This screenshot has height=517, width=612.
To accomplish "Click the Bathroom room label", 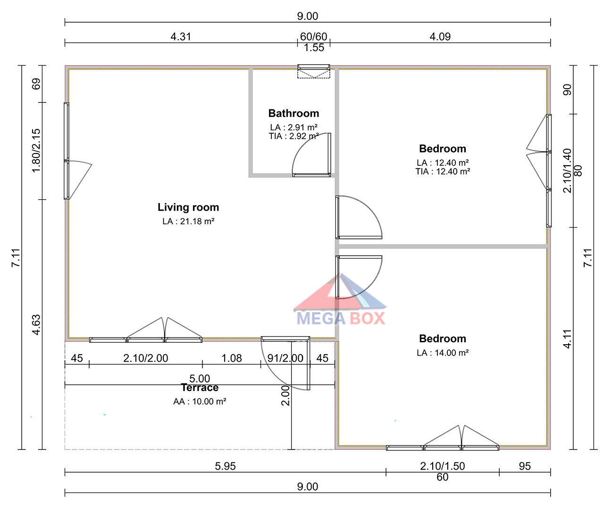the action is (293, 113).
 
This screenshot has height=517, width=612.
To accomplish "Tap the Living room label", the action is (188, 207).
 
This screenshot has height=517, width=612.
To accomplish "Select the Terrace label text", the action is (200, 388).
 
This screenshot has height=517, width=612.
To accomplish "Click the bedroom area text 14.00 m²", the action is (452, 353).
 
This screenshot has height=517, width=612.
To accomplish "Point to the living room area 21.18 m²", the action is (197, 221).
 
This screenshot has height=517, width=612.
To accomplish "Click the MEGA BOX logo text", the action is (341, 318).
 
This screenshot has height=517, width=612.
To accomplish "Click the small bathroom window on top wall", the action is (314, 67).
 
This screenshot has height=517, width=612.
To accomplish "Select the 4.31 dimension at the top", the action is (181, 37).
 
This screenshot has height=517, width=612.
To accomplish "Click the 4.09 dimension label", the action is (440, 37).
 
